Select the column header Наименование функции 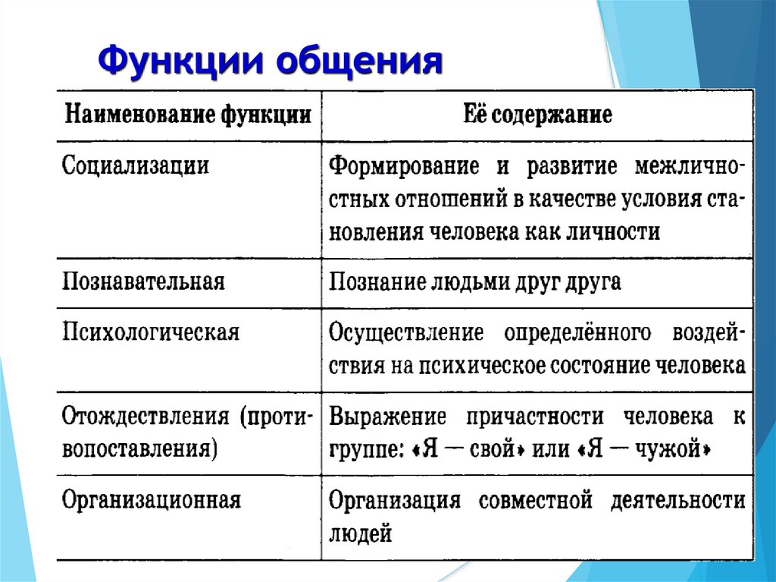coord(187,116)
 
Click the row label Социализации coord(136,166)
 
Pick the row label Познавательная coord(143,282)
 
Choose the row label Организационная coord(152,500)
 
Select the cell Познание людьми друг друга coord(475,282)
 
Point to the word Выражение coord(387,417)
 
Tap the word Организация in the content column coord(395,501)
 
